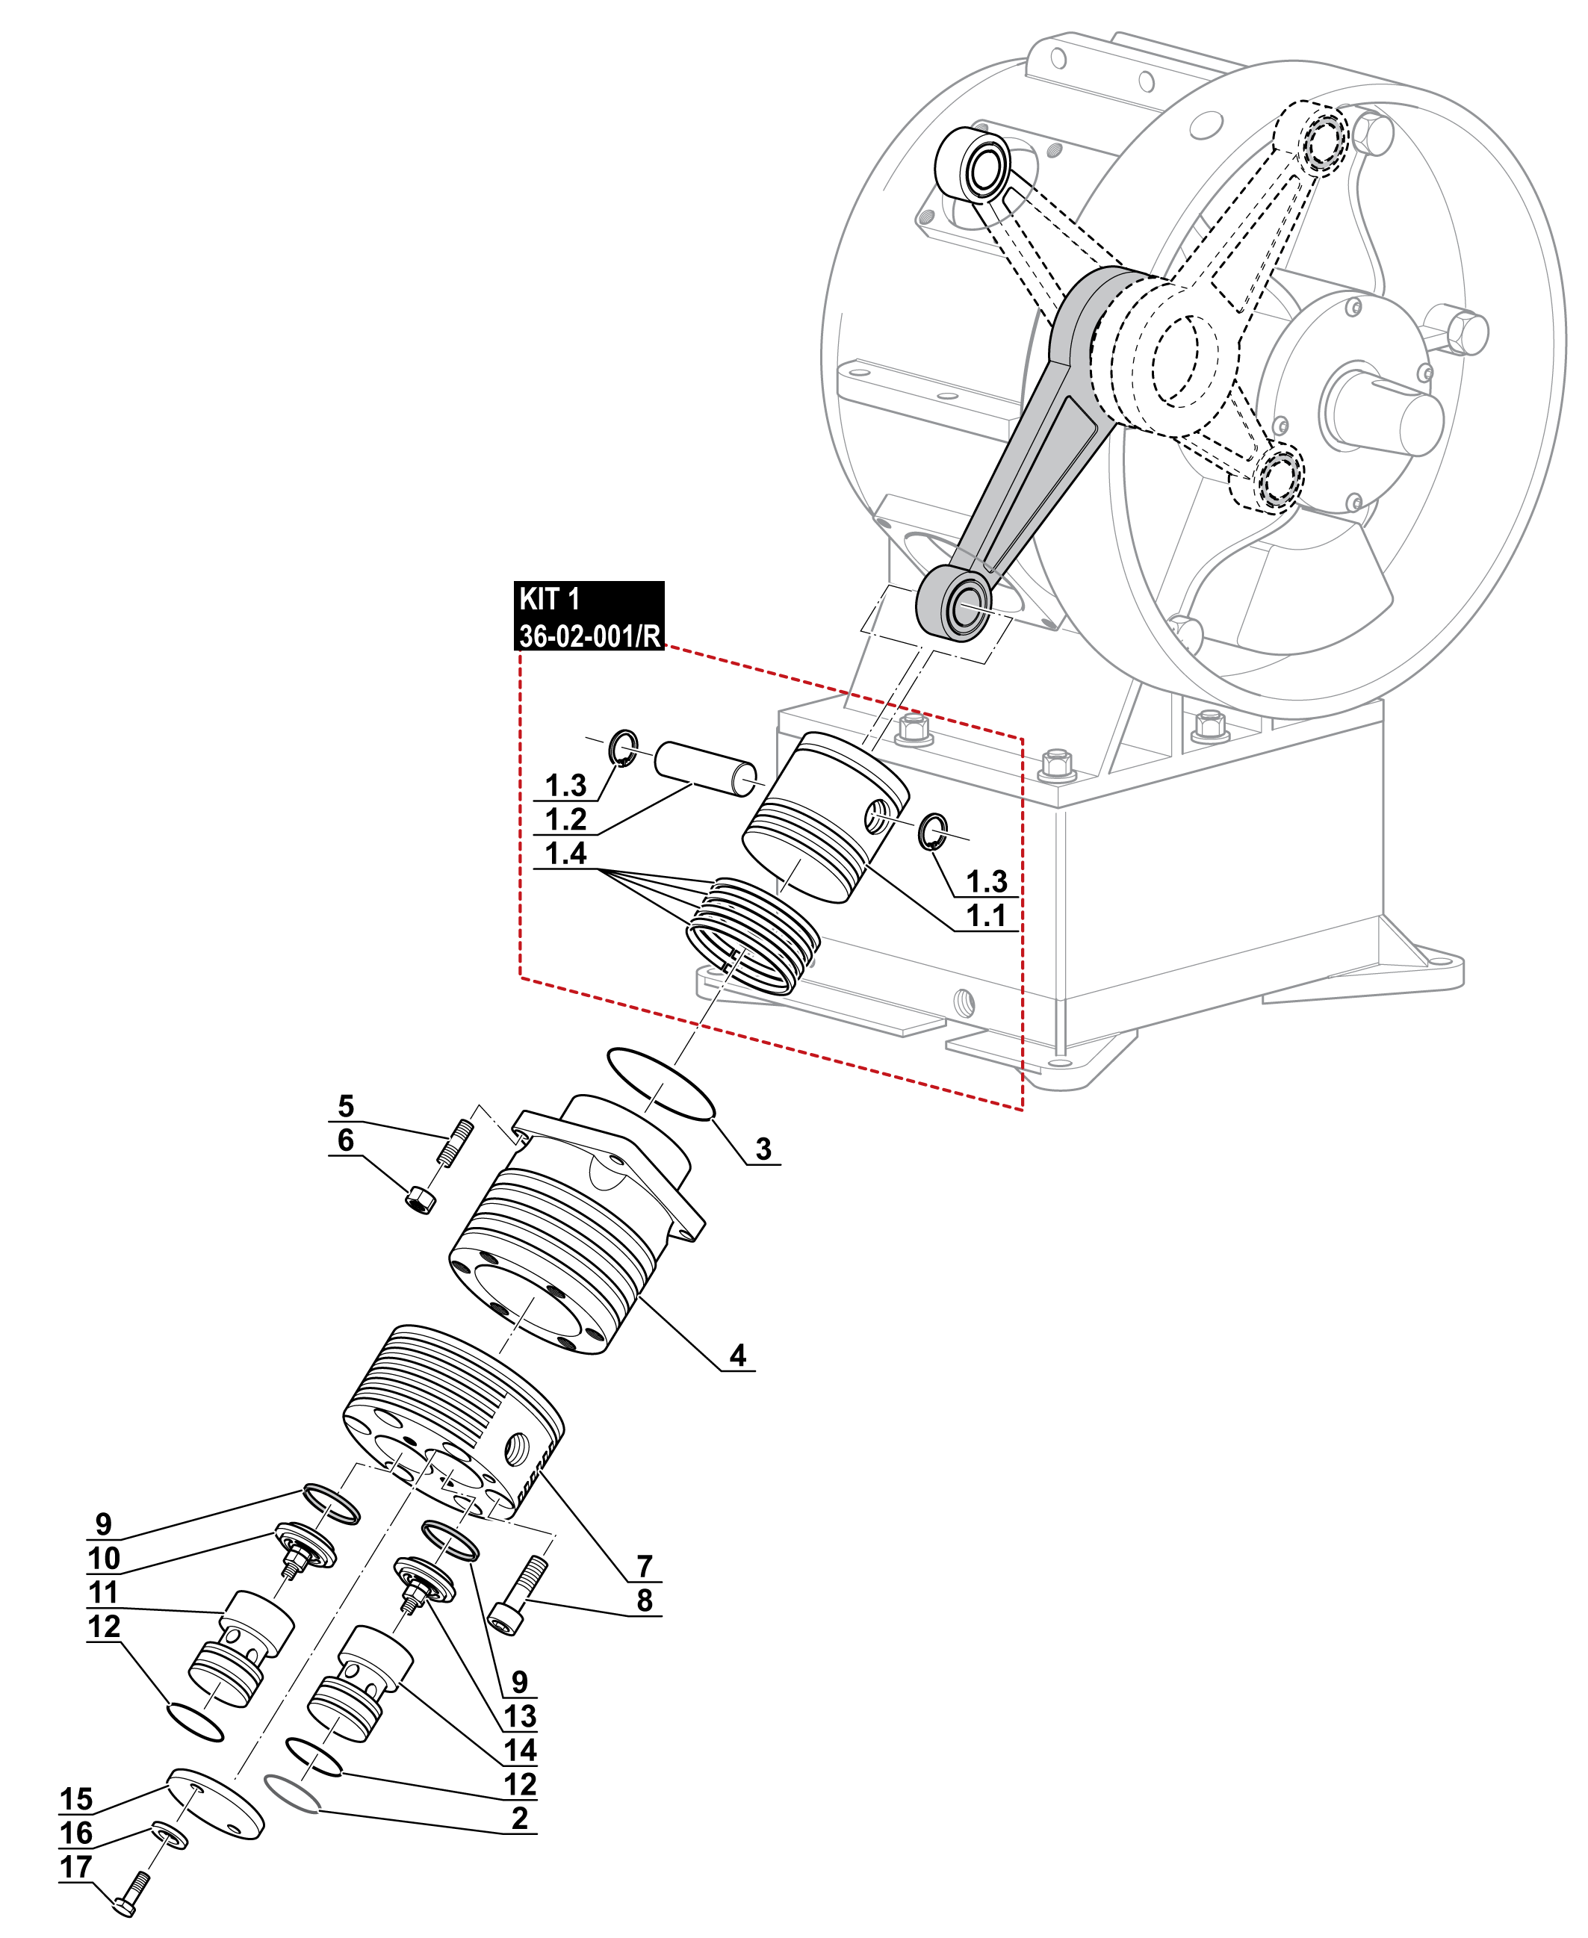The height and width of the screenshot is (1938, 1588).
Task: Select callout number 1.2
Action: point(565,819)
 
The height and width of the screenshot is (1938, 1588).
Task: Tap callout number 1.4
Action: point(565,854)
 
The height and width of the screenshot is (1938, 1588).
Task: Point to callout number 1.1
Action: point(986,915)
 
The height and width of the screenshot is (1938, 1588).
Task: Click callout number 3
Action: point(763,1149)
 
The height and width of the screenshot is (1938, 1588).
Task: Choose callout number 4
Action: point(737,1355)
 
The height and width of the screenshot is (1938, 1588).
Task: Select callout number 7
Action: point(645,1566)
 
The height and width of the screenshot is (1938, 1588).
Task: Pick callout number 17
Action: point(76,1866)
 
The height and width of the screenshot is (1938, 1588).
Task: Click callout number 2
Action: point(520,1819)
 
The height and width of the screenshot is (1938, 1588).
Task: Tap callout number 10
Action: point(103,1558)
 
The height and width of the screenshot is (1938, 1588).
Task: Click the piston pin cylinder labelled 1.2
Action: point(705,769)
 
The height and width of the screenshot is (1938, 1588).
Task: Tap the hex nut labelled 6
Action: point(421,1199)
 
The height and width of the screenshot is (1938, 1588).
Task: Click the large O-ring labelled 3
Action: point(660,1084)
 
